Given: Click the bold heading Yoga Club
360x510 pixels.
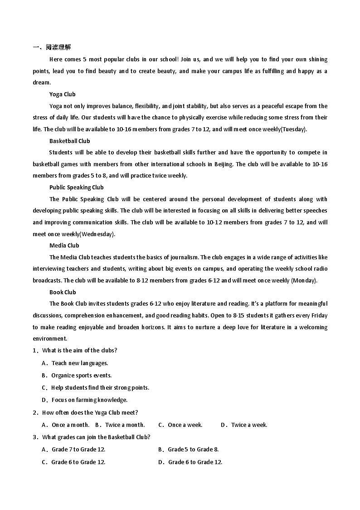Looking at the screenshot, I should (63, 94).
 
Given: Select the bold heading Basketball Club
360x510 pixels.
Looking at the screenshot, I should (70, 141).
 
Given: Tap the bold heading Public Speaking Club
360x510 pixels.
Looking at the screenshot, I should (77, 187).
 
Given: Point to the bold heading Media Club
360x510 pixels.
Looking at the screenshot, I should (64, 245).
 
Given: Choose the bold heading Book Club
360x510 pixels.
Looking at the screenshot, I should (63, 292).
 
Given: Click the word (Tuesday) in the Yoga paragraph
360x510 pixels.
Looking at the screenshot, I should (294, 129).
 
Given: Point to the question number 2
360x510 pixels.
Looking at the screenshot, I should (35, 412).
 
